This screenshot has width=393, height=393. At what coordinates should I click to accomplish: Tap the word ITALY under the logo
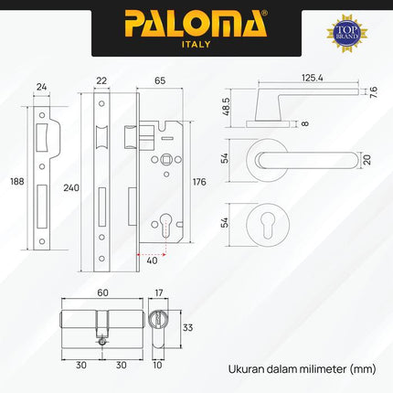pyautogui.click(x=196, y=45)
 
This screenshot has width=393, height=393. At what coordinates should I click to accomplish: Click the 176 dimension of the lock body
pyautogui.click(x=200, y=182)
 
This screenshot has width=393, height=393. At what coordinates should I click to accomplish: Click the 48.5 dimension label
pyautogui.click(x=224, y=106)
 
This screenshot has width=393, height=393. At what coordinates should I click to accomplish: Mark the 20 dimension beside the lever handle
pyautogui.click(x=367, y=161)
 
